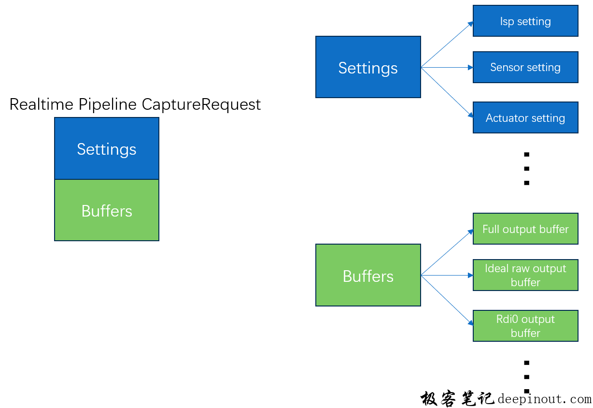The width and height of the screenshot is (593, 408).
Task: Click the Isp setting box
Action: coord(525,21)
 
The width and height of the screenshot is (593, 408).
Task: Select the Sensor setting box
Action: coord(525,67)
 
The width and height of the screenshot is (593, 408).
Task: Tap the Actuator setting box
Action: coord(525,117)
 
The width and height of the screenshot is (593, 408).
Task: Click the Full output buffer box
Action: coord(525,229)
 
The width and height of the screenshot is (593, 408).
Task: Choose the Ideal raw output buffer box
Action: coord(525,275)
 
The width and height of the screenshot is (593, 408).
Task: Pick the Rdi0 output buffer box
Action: coord(525,326)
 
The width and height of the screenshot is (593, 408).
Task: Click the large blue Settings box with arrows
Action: coord(368,67)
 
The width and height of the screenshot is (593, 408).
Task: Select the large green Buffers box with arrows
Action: coord(368,275)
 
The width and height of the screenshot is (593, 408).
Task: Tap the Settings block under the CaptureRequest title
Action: coord(107,149)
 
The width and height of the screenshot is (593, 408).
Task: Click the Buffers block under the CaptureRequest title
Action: coord(107,210)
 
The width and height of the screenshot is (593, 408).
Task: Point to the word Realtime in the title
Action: coord(42,104)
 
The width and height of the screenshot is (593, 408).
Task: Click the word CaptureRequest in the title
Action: coord(201,104)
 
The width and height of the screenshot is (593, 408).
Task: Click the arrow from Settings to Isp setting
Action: coord(447,44)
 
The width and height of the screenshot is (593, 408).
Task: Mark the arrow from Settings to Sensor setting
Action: coord(447,67)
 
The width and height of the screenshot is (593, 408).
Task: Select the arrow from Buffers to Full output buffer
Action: coord(447,252)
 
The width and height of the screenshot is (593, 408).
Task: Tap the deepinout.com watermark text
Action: coord(544,399)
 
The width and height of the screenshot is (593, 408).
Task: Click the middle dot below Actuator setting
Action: coord(527,169)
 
